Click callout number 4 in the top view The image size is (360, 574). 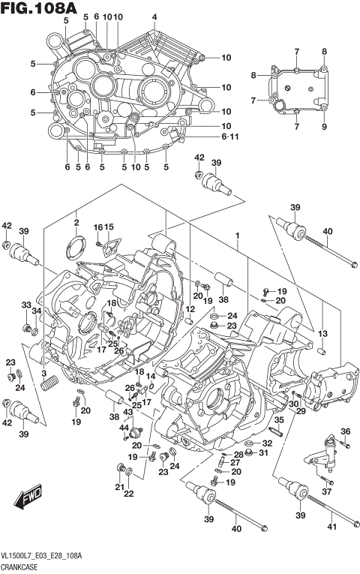tap(154, 17)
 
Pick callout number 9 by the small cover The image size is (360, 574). tap(325, 127)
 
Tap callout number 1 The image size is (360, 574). tap(237, 236)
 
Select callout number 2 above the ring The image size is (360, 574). tap(76, 222)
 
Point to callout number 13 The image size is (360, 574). tap(323, 333)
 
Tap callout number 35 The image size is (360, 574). tap(258, 420)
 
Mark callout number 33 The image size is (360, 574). tap(25, 305)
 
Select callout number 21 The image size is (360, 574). tap(118, 488)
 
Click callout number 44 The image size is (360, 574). tap(126, 427)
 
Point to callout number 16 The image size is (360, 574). tap(97, 227)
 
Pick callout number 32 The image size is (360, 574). tap(267, 443)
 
